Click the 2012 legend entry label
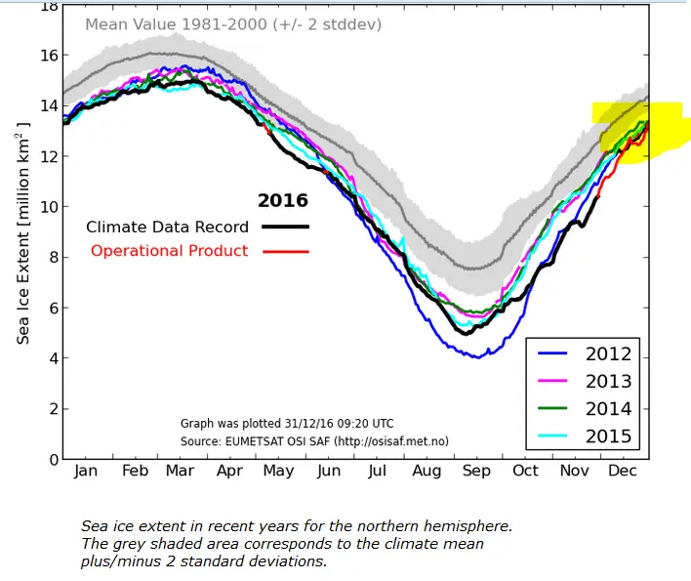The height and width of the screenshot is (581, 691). click(x=608, y=354)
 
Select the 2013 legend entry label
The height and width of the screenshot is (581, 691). click(x=608, y=382)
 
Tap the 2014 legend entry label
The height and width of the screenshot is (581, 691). click(x=608, y=409)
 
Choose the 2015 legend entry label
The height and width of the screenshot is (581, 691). click(x=608, y=436)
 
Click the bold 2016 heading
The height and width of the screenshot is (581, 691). click(x=282, y=201)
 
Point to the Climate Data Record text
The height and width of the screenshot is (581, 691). click(x=167, y=227)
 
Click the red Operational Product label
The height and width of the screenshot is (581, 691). click(x=169, y=251)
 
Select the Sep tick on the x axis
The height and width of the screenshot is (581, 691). click(x=477, y=470)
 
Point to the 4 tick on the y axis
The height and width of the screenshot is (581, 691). click(x=50, y=358)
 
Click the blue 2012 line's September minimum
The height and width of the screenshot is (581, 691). click(x=476, y=356)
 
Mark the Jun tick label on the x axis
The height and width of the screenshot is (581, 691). click(x=329, y=470)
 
